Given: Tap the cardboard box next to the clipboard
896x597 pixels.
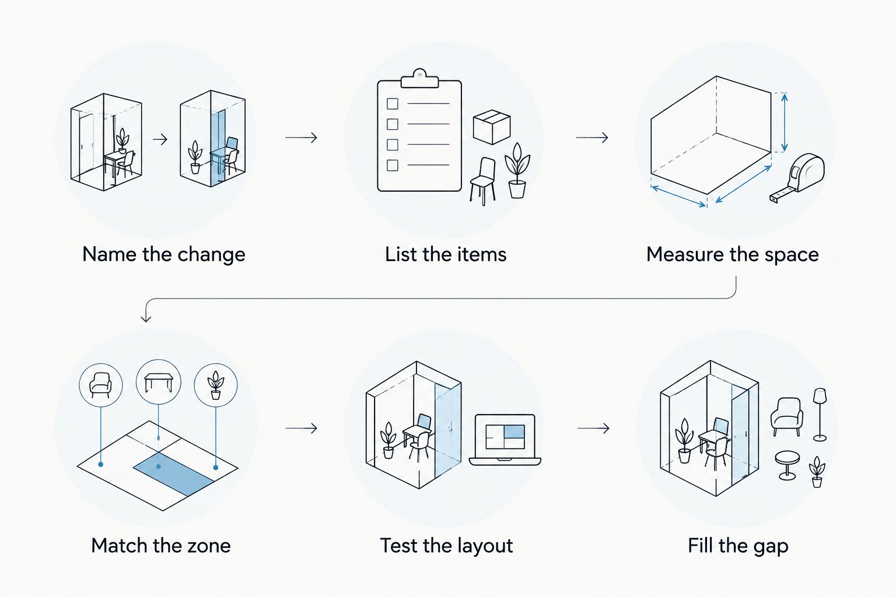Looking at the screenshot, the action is tap(492, 127).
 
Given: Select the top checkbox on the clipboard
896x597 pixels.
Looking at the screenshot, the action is tap(393, 104).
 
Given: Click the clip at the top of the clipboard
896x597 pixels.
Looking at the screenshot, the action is tap(419, 78).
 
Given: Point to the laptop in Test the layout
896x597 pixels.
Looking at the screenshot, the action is tap(505, 440).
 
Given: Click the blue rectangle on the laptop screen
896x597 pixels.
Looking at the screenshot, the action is tap(514, 431).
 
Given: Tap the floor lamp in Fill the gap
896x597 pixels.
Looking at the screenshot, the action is tap(820, 415).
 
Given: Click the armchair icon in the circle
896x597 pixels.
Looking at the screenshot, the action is tap(100, 385).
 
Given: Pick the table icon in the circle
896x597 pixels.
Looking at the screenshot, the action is tap(159, 382).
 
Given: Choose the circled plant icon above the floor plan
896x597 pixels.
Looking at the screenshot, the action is tap(216, 385).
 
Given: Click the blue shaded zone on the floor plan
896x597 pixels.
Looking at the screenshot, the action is tap(173, 475).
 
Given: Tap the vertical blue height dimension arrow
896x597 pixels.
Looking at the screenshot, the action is tap(785, 122).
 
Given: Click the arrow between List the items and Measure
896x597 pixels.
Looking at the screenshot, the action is tap(592, 138).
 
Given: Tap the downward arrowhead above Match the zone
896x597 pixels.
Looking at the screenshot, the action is tap(146, 317).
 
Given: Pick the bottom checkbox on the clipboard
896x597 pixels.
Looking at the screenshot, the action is tap(393, 165).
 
